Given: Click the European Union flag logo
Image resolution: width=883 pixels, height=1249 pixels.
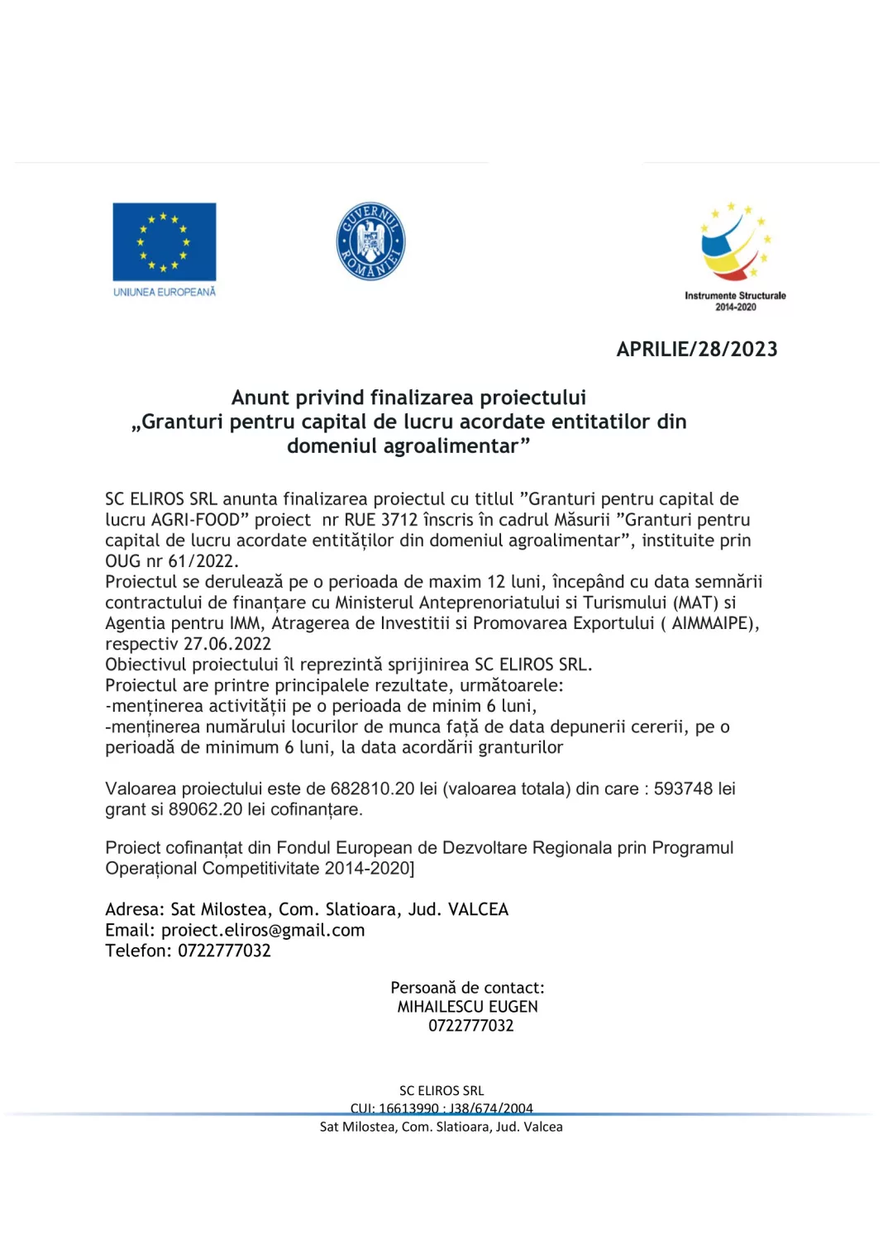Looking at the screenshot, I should coord(164,241).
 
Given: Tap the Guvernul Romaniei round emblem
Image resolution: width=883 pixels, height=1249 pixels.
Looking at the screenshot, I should coord(370,241).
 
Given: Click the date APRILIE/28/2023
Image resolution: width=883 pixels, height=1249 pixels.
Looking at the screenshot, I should coord(696,349).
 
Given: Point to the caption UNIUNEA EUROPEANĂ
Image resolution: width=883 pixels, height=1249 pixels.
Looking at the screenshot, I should coord(164,292).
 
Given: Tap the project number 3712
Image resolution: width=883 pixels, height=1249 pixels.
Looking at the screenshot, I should coord(399,520).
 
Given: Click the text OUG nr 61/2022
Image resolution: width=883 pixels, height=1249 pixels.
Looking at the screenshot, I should coord(171,561).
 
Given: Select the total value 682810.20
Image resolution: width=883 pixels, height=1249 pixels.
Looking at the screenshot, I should coord(372,789).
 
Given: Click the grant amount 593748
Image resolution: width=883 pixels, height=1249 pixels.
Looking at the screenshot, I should coord(683,789).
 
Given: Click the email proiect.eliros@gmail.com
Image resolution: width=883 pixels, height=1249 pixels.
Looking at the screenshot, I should coord(263,930).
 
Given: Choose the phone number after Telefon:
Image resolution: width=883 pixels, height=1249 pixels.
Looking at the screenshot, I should coord(224,951).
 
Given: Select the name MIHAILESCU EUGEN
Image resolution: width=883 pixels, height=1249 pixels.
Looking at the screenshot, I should coord(467,1007).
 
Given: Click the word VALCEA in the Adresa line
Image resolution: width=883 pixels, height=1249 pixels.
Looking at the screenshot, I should coord(478,909).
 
